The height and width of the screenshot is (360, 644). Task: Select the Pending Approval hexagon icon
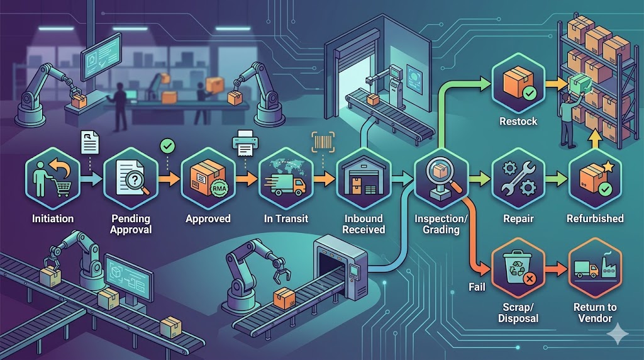point(131,181)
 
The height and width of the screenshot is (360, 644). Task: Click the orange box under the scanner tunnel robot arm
point(284,296)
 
